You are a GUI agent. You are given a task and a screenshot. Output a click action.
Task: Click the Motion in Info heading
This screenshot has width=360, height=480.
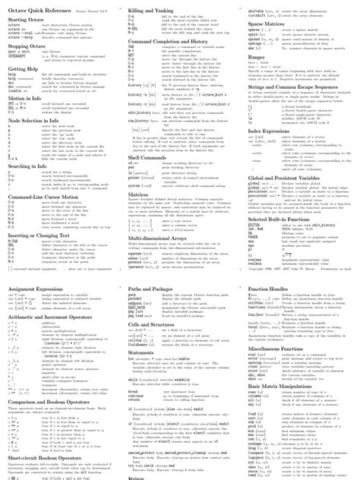coord(25,98)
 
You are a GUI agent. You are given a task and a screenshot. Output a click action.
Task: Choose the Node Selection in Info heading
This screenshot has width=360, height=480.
coord(36,120)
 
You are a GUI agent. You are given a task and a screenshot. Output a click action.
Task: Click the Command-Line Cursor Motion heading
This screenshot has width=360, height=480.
coord(43,197)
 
